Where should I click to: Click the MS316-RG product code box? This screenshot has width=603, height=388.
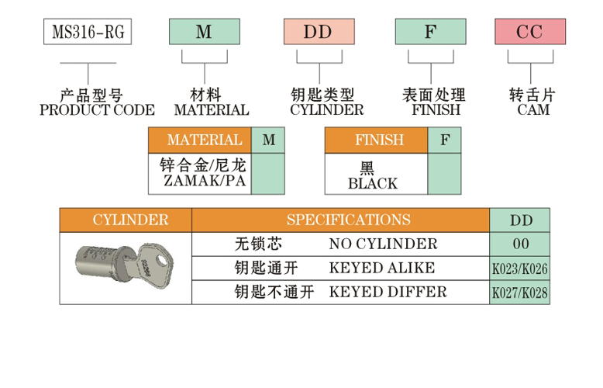pyautogui.click(x=86, y=32)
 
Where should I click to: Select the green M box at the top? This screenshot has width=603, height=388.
pyautogui.click(x=204, y=32)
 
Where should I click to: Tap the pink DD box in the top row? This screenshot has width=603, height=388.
pyautogui.click(x=319, y=32)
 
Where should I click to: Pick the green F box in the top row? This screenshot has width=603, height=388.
pyautogui.click(x=430, y=32)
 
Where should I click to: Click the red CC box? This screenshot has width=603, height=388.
pyautogui.click(x=530, y=32)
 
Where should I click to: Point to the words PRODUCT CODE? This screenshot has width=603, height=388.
pyautogui.click(x=97, y=110)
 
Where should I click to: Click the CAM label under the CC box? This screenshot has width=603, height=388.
pyautogui.click(x=533, y=110)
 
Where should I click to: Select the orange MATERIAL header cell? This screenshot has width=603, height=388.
pyautogui.click(x=205, y=140)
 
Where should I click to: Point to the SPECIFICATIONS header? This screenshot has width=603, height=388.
pyautogui.click(x=348, y=220)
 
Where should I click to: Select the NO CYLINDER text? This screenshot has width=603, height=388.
pyautogui.click(x=383, y=244)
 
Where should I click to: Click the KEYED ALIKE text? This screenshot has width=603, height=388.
pyautogui.click(x=382, y=268)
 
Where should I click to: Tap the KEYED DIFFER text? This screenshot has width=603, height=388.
pyautogui.click(x=388, y=292)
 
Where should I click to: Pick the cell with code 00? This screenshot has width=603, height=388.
pyautogui.click(x=520, y=244)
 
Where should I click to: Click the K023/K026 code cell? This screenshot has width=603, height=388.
pyautogui.click(x=520, y=268)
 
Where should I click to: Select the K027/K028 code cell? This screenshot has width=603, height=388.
pyautogui.click(x=520, y=293)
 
